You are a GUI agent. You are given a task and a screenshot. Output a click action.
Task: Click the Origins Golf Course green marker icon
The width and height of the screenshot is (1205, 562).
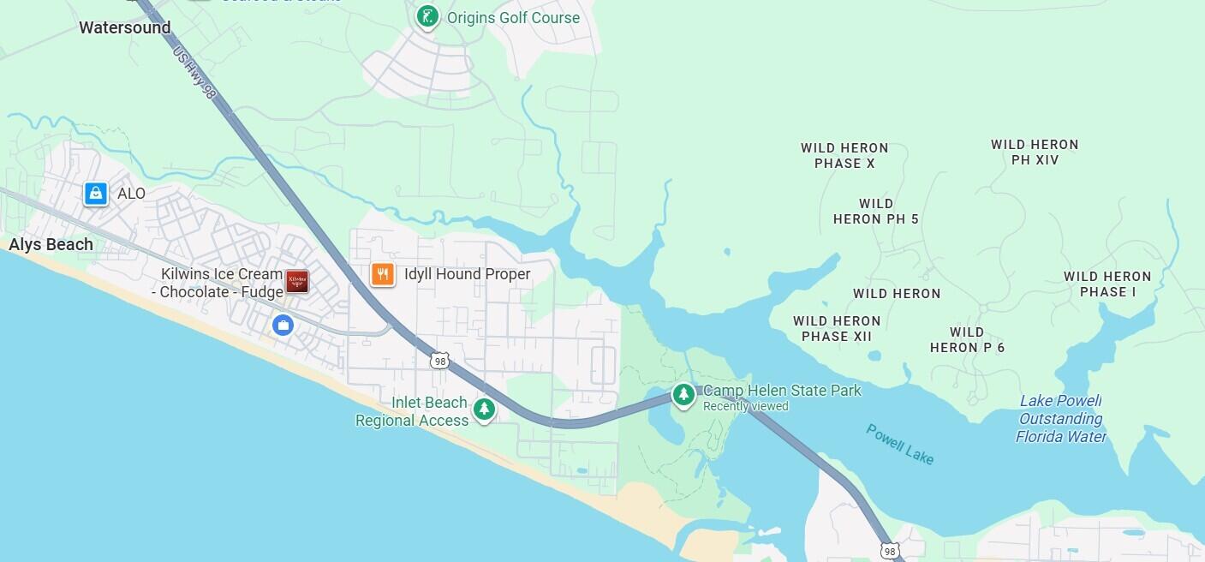pos(427,16)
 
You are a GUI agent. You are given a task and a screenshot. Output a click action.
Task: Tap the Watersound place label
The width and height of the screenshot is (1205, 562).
pos(125,27)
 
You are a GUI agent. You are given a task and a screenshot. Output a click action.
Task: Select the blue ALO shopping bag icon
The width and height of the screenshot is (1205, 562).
pos(96,194)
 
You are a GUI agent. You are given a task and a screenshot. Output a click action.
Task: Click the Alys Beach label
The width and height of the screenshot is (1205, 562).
pos(51,245)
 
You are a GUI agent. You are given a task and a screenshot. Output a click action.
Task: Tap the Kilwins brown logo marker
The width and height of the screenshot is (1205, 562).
pos(297,281)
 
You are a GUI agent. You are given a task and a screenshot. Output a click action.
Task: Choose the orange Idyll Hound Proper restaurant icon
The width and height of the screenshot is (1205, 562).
pos(383,274)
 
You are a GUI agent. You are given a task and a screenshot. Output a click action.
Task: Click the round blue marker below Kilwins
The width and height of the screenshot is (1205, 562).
pos(283,325)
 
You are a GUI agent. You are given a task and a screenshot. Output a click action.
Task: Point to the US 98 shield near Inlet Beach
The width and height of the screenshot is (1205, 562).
pos(440,361)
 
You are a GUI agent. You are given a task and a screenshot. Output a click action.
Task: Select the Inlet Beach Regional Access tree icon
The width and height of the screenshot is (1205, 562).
pos(485,409)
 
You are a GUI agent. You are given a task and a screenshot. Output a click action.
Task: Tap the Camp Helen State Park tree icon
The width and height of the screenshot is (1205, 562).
pos(683,395)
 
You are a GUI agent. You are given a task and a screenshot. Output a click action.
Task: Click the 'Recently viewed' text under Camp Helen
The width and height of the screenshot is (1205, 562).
pos(745,406)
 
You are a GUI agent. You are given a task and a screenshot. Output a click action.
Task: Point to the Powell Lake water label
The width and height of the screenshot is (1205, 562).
pos(899,444)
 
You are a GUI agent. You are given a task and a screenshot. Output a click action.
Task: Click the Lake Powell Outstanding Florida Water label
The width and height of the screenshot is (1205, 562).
pos(1060,419)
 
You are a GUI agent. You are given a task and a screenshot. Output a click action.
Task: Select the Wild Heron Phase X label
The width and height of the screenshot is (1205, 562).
pos(844,156)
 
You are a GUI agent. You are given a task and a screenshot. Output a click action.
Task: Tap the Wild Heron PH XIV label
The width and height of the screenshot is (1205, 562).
pos(1035,152)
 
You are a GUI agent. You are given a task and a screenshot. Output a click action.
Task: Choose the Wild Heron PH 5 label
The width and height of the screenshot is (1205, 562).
pos(876,212)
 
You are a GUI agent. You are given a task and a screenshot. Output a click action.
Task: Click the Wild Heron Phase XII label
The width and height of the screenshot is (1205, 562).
pos(837,329)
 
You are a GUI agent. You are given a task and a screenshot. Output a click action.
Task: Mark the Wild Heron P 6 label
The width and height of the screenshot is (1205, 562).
pos(967,340)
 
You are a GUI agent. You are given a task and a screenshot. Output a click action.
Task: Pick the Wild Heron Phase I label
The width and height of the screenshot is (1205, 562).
pos(1107,284)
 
